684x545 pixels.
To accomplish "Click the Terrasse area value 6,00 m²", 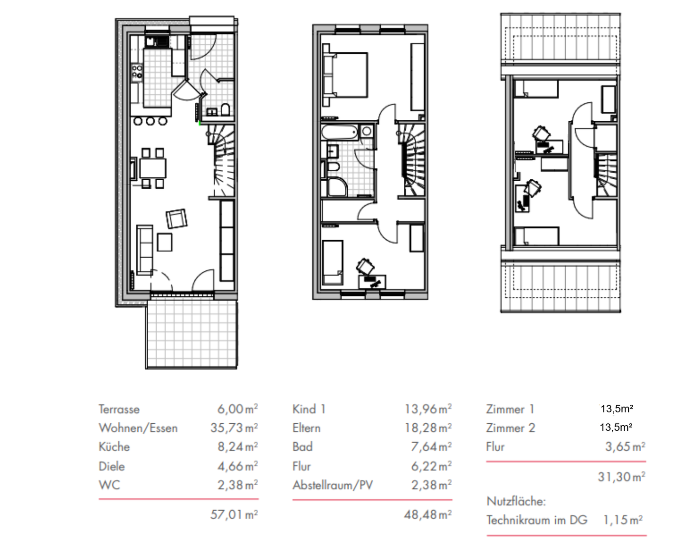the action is (237, 409).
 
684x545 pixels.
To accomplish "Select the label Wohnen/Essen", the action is (138, 428).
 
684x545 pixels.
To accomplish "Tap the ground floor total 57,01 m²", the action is (234, 515).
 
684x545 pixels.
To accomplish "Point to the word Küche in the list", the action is (114, 447).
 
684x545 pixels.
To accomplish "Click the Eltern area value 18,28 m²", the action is (428, 428).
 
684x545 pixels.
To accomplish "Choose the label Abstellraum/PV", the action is (332, 485).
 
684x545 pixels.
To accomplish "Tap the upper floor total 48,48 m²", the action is (428, 515).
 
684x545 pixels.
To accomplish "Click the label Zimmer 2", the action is (511, 428).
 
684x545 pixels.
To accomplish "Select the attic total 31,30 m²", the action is (621, 477).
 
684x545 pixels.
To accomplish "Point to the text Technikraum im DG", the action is (537, 520).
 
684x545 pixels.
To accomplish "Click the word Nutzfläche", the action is (516, 501).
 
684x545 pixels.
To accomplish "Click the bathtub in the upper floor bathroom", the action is (340, 132).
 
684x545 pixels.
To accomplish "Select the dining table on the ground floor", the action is (152, 168).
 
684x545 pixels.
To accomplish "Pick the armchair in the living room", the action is (177, 218).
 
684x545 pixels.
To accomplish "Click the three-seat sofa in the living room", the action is (144, 250).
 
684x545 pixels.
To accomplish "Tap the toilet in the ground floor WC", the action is (225, 109).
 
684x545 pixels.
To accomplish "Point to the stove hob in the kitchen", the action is (137, 72).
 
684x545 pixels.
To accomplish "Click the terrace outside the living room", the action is (191, 334).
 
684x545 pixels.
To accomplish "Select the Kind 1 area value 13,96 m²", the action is (428, 409).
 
